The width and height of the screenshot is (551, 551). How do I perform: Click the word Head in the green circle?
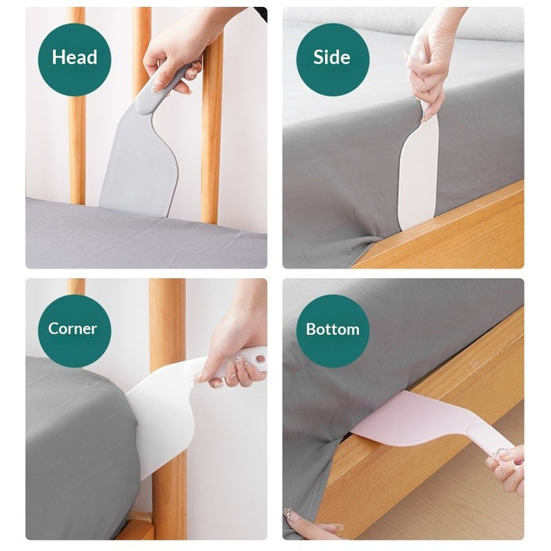tap(75, 57)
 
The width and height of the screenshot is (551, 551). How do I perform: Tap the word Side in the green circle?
tap(331, 57)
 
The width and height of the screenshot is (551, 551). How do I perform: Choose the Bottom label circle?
tap(332, 329)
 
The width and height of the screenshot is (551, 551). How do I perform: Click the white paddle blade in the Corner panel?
tap(161, 409)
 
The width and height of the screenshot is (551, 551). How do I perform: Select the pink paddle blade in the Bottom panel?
tap(409, 417)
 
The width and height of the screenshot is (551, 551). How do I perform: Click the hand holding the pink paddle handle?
tap(508, 468)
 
